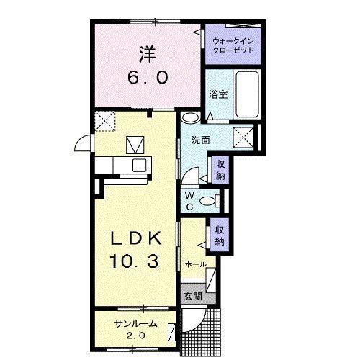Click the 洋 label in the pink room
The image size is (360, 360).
(x=148, y=54)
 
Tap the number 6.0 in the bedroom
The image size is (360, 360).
(x=148, y=78)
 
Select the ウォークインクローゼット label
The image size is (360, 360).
(x=233, y=45)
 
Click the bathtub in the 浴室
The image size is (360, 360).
(x=248, y=94)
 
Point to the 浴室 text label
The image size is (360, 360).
(x=218, y=94)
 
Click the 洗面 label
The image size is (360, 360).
(x=200, y=140)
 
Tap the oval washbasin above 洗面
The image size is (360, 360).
(x=190, y=117)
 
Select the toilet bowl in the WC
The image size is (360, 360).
(x=207, y=201)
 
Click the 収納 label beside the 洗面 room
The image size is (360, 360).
(x=220, y=170)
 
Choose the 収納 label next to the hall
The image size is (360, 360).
(x=220, y=235)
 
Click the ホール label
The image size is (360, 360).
(x=195, y=265)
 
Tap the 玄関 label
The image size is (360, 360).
(x=193, y=297)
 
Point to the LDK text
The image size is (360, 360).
(x=135, y=238)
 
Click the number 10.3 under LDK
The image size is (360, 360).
(x=134, y=261)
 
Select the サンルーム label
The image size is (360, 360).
(x=135, y=324)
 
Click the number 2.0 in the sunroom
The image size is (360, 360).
(x=136, y=336)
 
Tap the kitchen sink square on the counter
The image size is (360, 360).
(x=140, y=166)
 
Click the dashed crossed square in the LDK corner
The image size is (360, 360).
(x=105, y=121)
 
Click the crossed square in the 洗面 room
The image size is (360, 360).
(x=243, y=138)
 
